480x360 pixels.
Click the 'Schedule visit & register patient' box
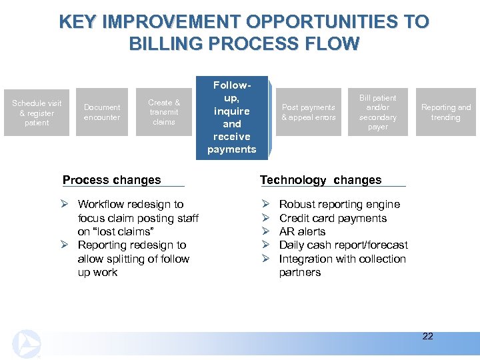click(x=37, y=113)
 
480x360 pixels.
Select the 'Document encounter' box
click(x=102, y=112)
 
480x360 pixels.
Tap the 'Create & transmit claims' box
click(x=163, y=112)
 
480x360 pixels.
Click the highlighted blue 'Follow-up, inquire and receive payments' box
click(x=231, y=117)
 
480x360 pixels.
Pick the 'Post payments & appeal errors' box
click(x=308, y=112)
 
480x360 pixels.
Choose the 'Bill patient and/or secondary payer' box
click(x=377, y=112)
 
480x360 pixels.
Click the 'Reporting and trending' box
click(x=445, y=112)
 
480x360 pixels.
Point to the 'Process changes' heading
click(x=111, y=180)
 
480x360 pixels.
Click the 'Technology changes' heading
click(x=321, y=180)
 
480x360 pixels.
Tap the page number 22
click(x=427, y=336)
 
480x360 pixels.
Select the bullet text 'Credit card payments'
click(x=333, y=218)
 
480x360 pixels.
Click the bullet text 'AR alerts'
click(x=302, y=231)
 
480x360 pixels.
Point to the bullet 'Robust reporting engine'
click(x=339, y=204)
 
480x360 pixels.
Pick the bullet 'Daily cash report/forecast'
click(x=343, y=245)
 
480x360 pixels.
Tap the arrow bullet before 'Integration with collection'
click(x=265, y=259)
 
